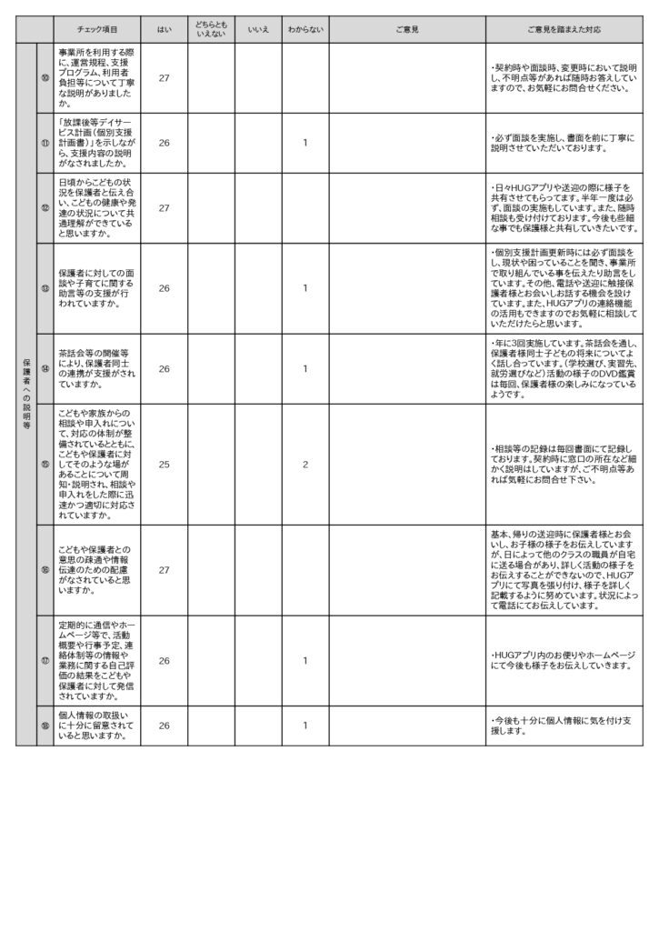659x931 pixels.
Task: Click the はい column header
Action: coord(165,30)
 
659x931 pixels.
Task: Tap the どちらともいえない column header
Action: coord(211,30)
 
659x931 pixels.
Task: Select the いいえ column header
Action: coord(258,30)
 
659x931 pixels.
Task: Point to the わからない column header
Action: coord(305,30)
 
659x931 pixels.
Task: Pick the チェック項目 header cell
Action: coord(98,30)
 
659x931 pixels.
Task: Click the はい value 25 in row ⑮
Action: coord(165,464)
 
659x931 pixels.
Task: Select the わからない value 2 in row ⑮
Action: coord(305,464)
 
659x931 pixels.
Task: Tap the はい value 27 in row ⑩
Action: coord(165,77)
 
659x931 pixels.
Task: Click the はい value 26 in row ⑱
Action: coord(165,725)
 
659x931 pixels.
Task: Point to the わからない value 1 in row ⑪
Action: coord(305,142)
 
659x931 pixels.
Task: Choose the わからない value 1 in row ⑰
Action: coord(305,660)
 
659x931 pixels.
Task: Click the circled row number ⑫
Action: coord(45,207)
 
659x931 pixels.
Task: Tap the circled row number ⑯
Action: coord(45,570)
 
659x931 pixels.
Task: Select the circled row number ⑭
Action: coord(45,369)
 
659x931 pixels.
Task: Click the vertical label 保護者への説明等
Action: coord(26,395)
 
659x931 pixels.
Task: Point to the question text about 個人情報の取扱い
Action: coord(96,725)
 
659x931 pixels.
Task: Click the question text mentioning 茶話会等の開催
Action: coord(96,369)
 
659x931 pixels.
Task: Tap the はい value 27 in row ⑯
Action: coord(165,570)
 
